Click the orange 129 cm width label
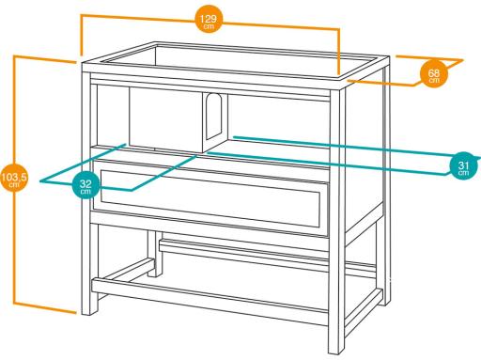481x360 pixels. click(x=209, y=19)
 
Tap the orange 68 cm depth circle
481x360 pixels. click(x=434, y=73)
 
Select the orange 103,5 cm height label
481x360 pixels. click(x=13, y=178)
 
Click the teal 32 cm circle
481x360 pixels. click(x=85, y=185)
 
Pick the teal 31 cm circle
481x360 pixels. click(x=463, y=165)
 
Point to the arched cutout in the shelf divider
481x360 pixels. click(x=213, y=117)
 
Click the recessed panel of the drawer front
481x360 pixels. click(x=210, y=198)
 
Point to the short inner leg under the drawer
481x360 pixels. click(x=155, y=254)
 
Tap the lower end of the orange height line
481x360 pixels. click(x=76, y=312)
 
